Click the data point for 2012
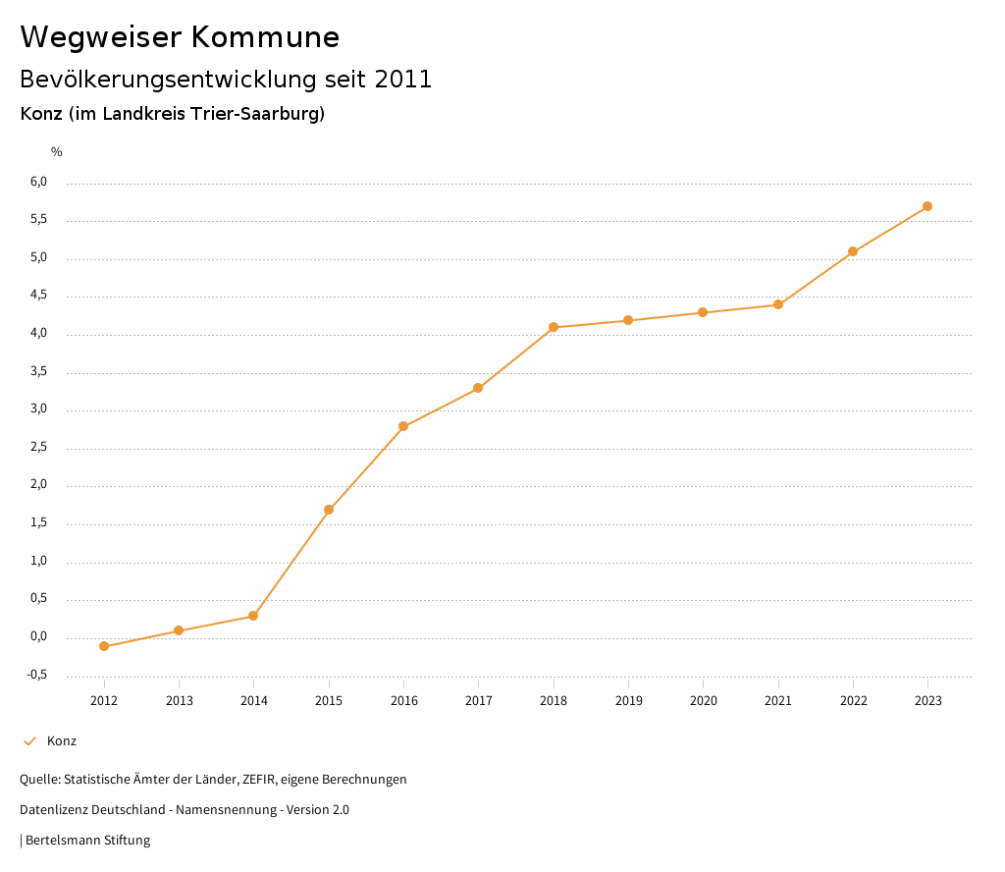pos(104,646)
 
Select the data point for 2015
pos(329,510)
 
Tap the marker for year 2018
pos(554,327)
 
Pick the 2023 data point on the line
pos(927,206)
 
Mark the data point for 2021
pos(778,304)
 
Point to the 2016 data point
pos(403,426)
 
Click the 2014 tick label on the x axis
pos(254,700)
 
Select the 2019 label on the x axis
pos(628,700)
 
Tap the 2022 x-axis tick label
pos(853,700)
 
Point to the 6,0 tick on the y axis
pos(39,182)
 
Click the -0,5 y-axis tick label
pos(37,675)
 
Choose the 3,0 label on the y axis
pos(39,409)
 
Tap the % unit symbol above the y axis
pos(57,151)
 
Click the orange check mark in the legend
pos(29,741)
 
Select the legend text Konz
pos(62,741)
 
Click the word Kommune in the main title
pos(264,37)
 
